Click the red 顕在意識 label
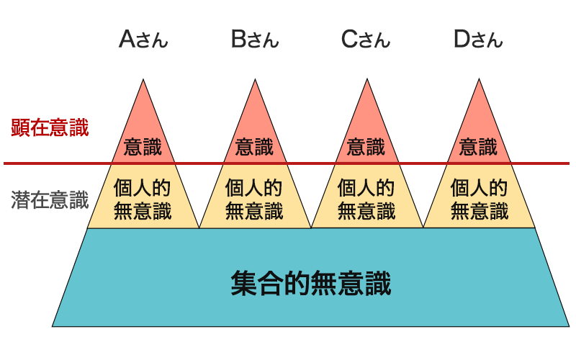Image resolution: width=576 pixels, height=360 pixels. point(50,128)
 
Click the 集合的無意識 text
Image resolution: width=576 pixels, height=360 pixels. point(311,284)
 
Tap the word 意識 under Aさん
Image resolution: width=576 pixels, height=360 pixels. point(143,148)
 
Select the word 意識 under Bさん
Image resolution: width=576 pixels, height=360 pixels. point(255,148)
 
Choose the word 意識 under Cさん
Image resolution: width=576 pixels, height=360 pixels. point(366,148)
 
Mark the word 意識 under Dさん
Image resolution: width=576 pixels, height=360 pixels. point(479,148)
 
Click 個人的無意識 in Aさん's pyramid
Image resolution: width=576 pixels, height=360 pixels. point(143,199)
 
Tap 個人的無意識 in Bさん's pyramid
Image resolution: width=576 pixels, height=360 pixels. point(255,199)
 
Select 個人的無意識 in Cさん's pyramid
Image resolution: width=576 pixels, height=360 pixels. point(366,199)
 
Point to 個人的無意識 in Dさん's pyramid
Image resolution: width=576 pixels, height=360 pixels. point(479,199)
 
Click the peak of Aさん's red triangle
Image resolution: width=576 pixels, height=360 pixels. point(143,80)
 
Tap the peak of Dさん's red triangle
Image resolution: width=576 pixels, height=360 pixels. point(480,80)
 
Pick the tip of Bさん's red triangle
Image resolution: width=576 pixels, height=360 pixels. point(256,80)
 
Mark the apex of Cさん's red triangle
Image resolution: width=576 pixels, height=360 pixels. point(367,80)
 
